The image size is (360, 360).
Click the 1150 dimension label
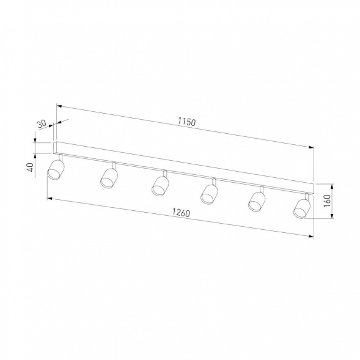click(187, 122)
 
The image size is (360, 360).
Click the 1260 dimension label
click(182, 213)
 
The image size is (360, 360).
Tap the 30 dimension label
click(42, 124)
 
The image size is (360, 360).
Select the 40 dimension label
click(31, 167)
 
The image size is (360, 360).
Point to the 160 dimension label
click(327, 201)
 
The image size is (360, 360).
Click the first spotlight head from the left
click(56, 170)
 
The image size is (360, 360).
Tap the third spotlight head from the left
click(160, 186)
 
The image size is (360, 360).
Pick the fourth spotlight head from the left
click(209, 194)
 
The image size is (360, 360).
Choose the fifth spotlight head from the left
click(257, 201)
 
